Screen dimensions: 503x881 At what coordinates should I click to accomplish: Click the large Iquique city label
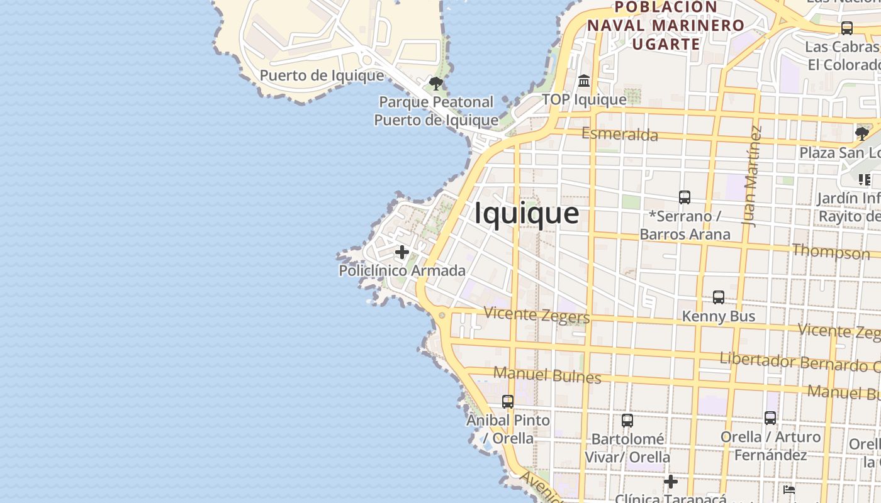pyautogui.click(x=526, y=214)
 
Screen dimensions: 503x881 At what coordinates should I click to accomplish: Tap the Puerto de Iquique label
pyautogui.click(x=322, y=75)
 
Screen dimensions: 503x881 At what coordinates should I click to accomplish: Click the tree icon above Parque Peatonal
pyautogui.click(x=435, y=83)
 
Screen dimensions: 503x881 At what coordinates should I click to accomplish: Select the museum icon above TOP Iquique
pyautogui.click(x=584, y=81)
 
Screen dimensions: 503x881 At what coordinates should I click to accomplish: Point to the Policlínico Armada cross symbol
pyautogui.click(x=401, y=253)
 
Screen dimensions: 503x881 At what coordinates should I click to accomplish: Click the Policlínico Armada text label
pyautogui.click(x=402, y=271)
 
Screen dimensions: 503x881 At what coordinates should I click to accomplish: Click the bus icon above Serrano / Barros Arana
pyautogui.click(x=685, y=197)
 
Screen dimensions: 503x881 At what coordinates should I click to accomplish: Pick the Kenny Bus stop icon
pyautogui.click(x=718, y=297)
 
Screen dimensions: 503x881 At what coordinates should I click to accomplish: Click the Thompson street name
pyautogui.click(x=831, y=252)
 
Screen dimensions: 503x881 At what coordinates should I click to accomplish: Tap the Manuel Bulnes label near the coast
pyautogui.click(x=547, y=375)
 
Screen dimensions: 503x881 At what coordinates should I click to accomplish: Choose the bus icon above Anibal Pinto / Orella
pyautogui.click(x=508, y=401)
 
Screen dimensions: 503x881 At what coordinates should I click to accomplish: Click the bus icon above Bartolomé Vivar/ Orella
pyautogui.click(x=627, y=421)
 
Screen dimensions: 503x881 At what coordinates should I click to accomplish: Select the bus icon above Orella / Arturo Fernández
pyautogui.click(x=770, y=418)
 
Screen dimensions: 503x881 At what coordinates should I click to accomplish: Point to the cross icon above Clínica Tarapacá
pyautogui.click(x=671, y=482)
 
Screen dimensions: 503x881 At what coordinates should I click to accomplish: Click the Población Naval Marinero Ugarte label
pyautogui.click(x=666, y=25)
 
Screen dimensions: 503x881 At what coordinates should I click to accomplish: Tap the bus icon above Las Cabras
pyautogui.click(x=847, y=28)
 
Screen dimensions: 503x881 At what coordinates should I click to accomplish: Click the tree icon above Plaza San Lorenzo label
pyautogui.click(x=861, y=134)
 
